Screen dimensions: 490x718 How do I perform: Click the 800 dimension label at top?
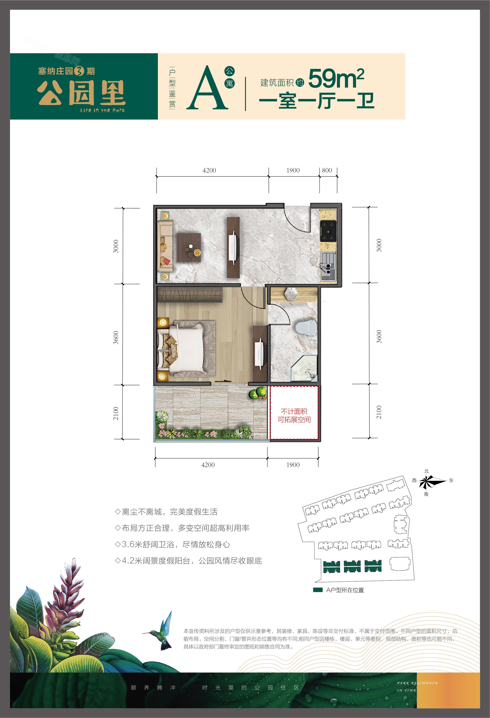pyautogui.click(x=327, y=170)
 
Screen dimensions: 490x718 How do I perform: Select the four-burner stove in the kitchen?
pyautogui.click(x=328, y=231)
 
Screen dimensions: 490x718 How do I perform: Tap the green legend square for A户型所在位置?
pyautogui.click(x=318, y=590)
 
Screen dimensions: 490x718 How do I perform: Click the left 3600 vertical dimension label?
pyautogui.click(x=116, y=337)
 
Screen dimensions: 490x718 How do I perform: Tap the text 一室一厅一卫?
pyautogui.click(x=317, y=101)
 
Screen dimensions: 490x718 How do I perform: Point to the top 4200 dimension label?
pyautogui.click(x=209, y=170)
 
